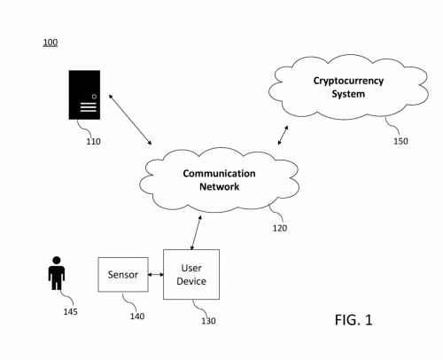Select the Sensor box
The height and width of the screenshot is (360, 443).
[x=123, y=275]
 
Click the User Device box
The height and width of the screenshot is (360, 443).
[x=191, y=274]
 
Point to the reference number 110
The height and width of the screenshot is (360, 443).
[x=93, y=139]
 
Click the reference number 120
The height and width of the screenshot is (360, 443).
[x=281, y=227]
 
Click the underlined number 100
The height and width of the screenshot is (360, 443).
[x=51, y=43]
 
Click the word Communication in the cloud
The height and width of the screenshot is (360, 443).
[x=219, y=174]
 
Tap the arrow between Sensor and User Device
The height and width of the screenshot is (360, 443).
[x=154, y=275]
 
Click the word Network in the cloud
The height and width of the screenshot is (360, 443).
[x=219, y=187]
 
